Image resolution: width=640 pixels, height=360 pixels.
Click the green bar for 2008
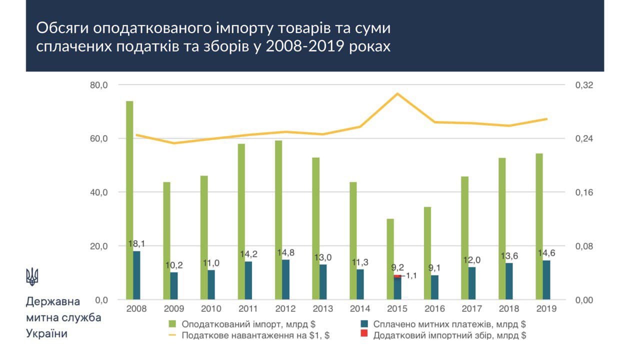pos(129,200)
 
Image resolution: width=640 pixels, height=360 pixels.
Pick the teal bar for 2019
pos(546,279)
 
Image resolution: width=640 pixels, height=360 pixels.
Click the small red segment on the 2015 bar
pos(397,276)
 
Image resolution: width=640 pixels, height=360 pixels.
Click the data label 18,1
pos(136,244)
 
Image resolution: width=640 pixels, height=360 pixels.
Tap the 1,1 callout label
pos(411,275)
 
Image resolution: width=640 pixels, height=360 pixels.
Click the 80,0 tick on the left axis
pos(99,85)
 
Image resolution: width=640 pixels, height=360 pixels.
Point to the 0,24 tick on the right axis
pos(584,138)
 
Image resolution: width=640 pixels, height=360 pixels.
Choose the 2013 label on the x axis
pos(322,308)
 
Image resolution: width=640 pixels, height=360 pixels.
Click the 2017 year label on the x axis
pos(471,308)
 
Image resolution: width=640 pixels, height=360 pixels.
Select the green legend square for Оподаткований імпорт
pos(173,323)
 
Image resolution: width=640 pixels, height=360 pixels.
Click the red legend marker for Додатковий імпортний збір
pos(364,334)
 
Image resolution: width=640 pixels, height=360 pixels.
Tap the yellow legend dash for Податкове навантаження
pos(173,335)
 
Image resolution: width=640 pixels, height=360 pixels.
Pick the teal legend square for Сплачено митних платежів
pos(364,323)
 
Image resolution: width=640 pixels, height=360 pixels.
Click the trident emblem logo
pos(32,276)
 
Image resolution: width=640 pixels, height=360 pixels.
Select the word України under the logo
pos(46,333)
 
